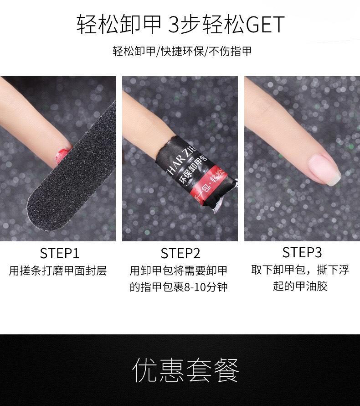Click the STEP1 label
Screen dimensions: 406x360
coord(59,253)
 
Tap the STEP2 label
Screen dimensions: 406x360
coord(180,253)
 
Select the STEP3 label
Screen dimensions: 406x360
coord(302,252)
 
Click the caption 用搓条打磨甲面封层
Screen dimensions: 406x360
coord(58,271)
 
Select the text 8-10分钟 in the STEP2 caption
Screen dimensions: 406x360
coord(204,287)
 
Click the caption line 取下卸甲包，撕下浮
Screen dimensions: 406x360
coord(300,270)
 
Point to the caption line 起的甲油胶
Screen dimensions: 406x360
coord(300,287)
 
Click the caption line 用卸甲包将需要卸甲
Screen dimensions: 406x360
coord(178,271)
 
